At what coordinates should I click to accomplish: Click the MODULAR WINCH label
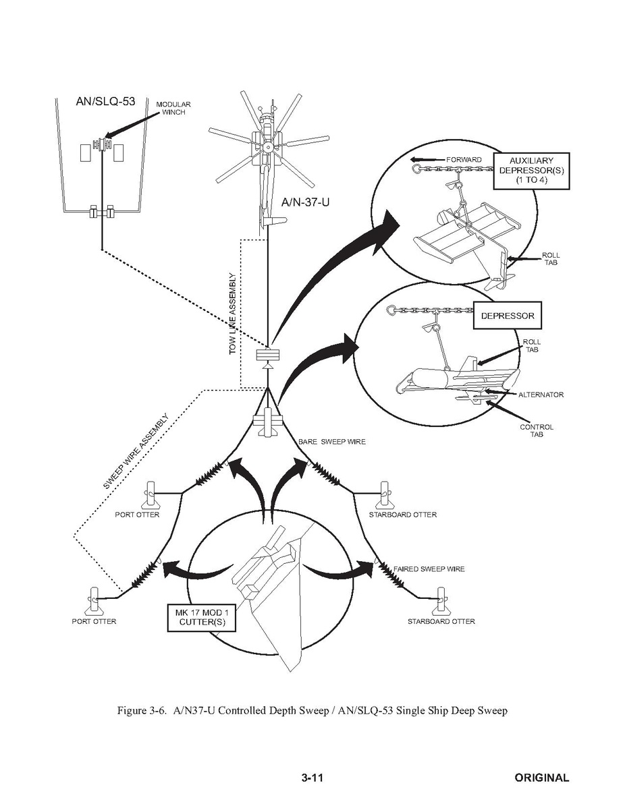pos(173,109)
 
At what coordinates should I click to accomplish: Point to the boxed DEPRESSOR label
pos(507,316)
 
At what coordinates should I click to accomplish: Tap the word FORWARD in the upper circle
pos(464,160)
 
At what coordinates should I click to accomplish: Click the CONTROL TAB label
pos(537,431)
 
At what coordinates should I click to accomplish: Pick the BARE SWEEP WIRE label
pos(332,442)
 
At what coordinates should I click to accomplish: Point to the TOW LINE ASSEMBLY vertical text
pos(233,314)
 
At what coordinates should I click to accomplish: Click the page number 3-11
pos(312,778)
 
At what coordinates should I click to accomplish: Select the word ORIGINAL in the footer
pos(541,778)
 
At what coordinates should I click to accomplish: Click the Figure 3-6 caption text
pos(312,711)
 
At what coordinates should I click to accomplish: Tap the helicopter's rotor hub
pos(268,146)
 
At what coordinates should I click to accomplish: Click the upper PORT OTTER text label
pos(137,515)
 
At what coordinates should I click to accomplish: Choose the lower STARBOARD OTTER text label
pos(441,621)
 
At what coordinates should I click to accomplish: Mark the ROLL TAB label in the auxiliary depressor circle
pos(551,259)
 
